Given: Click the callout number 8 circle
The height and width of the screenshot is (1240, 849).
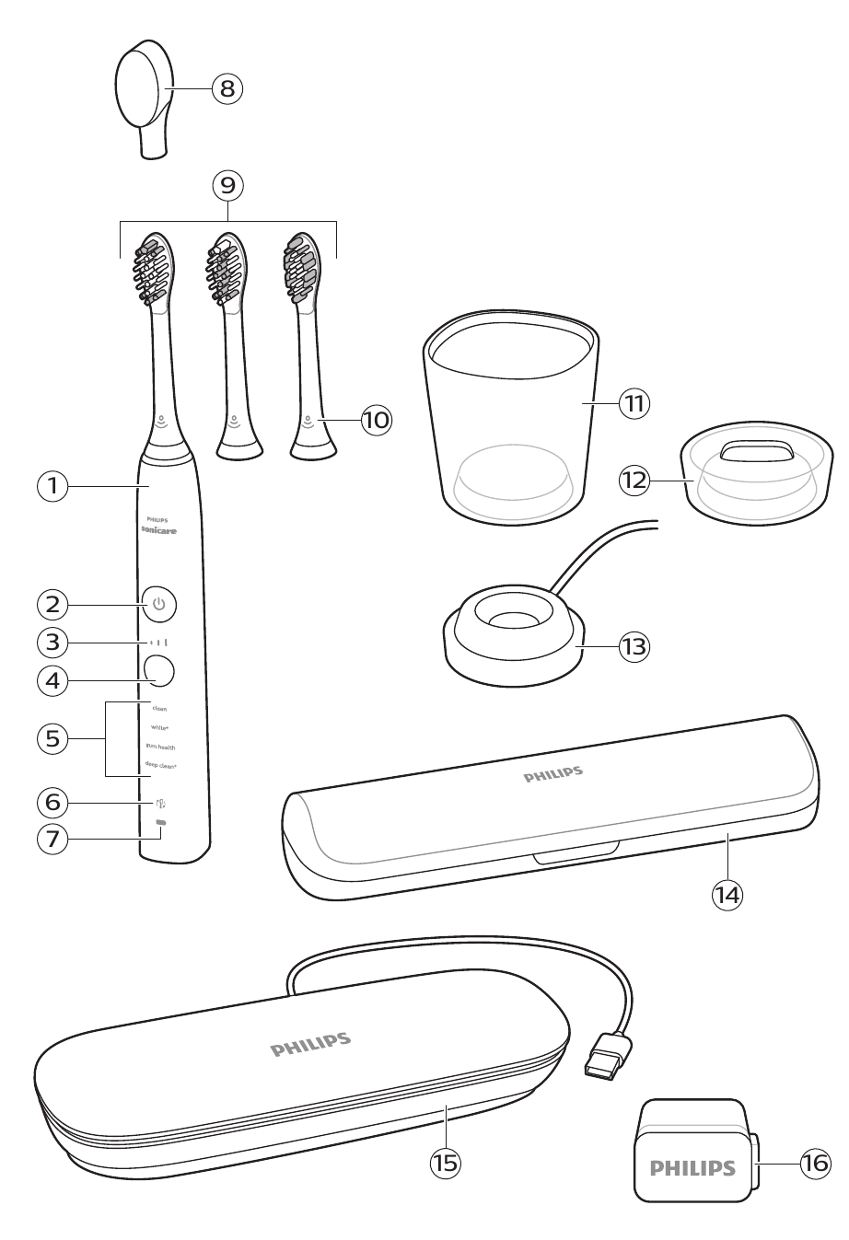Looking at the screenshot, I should click(227, 88).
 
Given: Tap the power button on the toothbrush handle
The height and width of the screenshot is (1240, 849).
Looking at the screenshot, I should click(159, 604).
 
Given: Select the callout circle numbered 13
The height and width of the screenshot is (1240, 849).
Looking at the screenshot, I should click(634, 647).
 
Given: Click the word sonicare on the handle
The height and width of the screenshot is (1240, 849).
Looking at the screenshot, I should click(159, 531).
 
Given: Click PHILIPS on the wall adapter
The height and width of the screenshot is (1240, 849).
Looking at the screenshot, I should click(692, 1168).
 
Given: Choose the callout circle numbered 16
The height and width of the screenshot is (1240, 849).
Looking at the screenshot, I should click(815, 1164).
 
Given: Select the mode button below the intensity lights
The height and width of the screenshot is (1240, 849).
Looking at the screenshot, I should click(159, 669).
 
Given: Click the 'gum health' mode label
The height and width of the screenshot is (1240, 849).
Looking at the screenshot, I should click(160, 747).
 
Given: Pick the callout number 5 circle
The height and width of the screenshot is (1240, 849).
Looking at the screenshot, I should click(53, 738).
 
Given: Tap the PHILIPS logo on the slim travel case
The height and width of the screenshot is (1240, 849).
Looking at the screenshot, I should click(553, 775).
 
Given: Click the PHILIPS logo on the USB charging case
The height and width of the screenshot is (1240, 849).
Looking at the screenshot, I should click(310, 1045).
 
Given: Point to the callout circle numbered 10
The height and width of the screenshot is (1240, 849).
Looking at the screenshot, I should click(376, 421).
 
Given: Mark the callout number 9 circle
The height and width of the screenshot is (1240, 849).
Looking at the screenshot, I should click(227, 186).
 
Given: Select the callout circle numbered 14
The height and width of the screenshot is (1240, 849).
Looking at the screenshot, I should click(727, 893).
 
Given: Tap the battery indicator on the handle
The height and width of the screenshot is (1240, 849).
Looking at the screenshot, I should click(161, 822).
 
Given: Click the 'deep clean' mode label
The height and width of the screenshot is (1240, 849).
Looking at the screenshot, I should click(160, 765).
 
